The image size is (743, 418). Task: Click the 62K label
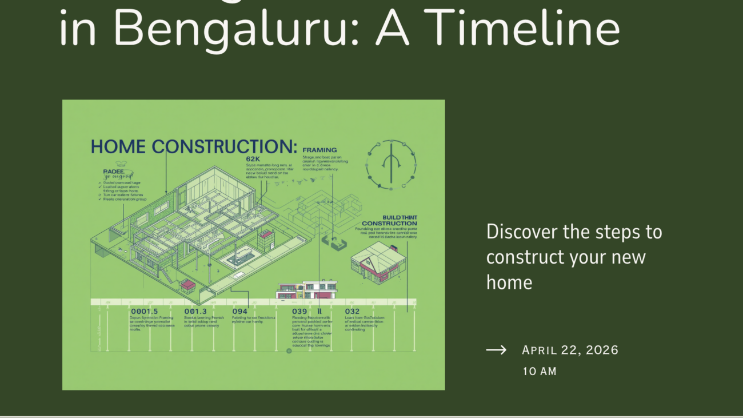[253, 158]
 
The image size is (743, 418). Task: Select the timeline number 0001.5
[144, 311]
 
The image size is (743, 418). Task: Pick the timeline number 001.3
[195, 311]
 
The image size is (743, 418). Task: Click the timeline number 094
[239, 311]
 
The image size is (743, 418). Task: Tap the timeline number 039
[299, 311]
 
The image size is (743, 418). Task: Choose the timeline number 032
[352, 311]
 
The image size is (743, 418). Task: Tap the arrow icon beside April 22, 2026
[496, 350]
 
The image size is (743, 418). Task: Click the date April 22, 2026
[570, 350]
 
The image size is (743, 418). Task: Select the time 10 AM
[539, 371]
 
